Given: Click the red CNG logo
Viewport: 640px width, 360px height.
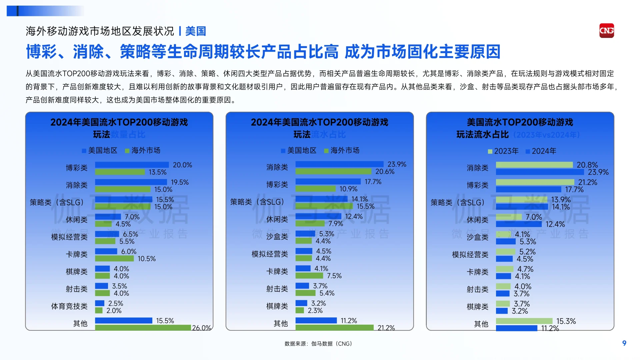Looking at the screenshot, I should click(x=606, y=31).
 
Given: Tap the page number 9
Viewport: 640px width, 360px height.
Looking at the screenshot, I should click(x=624, y=343).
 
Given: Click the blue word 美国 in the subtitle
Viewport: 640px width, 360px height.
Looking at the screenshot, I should click(x=196, y=31).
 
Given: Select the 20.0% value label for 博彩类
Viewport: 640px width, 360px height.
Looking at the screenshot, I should click(x=182, y=165).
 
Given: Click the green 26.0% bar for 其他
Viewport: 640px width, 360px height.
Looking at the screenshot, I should click(x=143, y=328).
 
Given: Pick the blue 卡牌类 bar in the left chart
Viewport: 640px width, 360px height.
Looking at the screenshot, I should click(x=106, y=251).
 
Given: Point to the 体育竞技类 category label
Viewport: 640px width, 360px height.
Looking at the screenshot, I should click(x=69, y=306).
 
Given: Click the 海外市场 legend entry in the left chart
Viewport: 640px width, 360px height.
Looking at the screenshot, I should click(x=143, y=150).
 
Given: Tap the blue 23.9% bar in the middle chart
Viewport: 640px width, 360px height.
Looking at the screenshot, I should click(x=339, y=164).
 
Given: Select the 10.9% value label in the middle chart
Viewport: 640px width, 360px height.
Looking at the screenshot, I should click(x=348, y=189).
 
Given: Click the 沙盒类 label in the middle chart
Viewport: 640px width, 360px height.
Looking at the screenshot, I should click(x=277, y=237).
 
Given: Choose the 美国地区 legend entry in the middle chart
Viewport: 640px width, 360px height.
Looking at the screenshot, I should click(x=299, y=150).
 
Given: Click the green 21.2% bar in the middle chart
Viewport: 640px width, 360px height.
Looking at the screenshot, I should click(x=334, y=328).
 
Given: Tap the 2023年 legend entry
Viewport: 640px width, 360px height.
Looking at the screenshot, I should click(x=503, y=151).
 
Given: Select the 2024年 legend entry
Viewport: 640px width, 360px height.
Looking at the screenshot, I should click(x=541, y=151).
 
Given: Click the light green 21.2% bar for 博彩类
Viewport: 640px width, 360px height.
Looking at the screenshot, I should click(x=535, y=182).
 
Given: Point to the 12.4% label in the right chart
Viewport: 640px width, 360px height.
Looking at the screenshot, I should click(x=555, y=224).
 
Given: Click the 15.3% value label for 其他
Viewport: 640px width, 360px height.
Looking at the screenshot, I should click(x=566, y=321).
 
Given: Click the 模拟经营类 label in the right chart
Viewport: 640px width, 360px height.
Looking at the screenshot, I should click(x=470, y=255).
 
